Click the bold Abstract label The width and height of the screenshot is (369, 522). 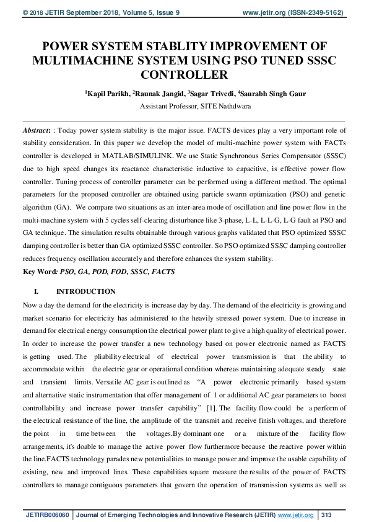37,131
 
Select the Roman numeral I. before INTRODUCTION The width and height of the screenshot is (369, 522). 36,291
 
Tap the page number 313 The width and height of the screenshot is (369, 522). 328,515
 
